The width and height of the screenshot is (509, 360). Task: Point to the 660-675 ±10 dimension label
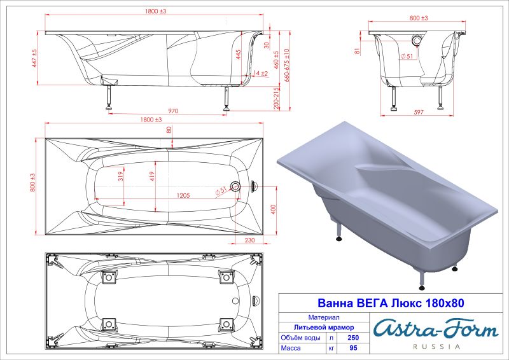coord(287,67)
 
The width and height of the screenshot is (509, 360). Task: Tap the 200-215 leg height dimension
coord(275,100)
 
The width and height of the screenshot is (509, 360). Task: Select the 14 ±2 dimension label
coord(260,74)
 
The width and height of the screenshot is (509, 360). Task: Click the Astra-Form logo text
coord(435,328)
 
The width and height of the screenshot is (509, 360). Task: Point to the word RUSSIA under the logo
coord(436,347)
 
